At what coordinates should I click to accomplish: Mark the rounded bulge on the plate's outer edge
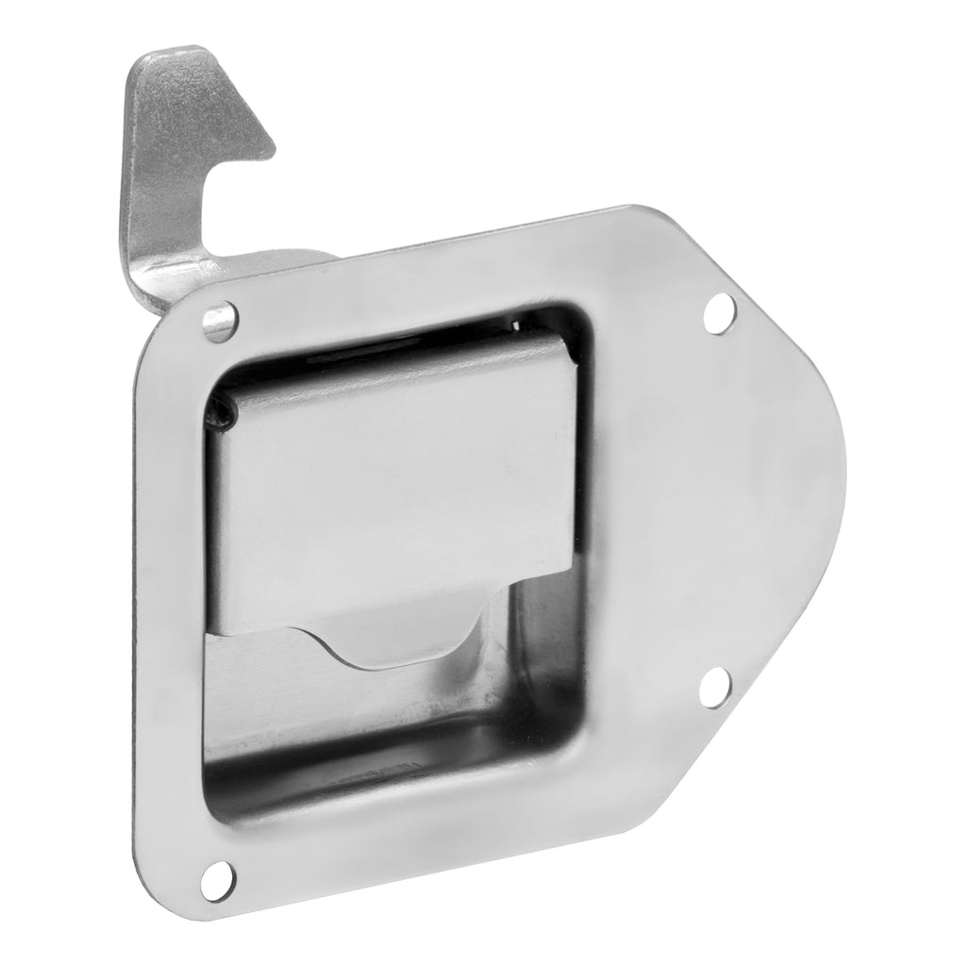(830, 472)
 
